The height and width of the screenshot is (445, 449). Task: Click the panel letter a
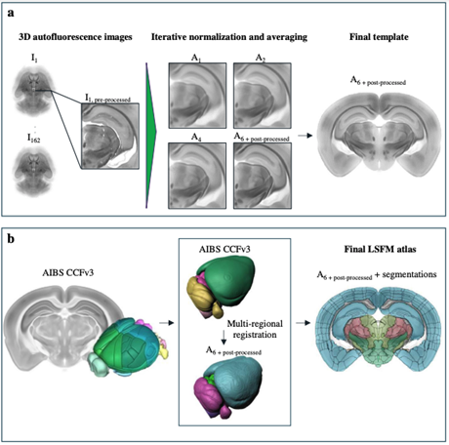click(x=11, y=14)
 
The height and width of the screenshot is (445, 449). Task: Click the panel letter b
click(x=11, y=239)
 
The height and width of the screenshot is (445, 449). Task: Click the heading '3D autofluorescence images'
click(x=75, y=37)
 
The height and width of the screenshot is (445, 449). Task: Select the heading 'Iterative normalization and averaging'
click(x=229, y=37)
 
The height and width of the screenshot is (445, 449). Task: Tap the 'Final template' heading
click(x=379, y=37)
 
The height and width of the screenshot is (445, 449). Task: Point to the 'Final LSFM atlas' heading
click(x=381, y=250)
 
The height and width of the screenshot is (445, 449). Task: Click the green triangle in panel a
click(x=150, y=135)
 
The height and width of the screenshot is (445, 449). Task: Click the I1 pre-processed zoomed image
click(x=110, y=136)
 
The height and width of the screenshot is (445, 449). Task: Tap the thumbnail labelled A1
click(x=197, y=96)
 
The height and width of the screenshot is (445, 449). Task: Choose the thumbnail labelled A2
click(x=263, y=96)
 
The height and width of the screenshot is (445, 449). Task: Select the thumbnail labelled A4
click(x=197, y=176)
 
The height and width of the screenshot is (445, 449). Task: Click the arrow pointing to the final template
click(x=305, y=136)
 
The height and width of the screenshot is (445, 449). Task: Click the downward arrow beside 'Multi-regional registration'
click(x=224, y=338)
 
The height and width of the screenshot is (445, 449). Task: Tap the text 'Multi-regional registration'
click(x=255, y=329)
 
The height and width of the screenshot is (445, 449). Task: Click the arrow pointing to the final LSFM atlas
click(x=303, y=323)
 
